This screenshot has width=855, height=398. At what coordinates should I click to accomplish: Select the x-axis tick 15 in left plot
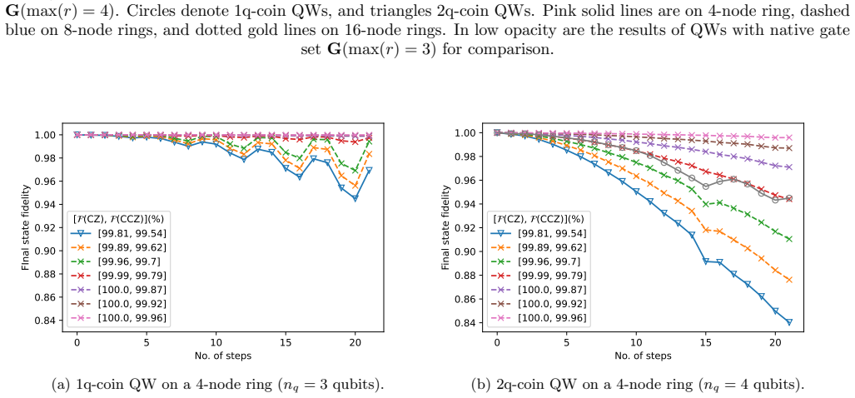click(286, 344)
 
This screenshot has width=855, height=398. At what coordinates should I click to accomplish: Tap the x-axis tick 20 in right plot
click(775, 344)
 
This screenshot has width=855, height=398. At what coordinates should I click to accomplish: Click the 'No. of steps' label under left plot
click(222, 356)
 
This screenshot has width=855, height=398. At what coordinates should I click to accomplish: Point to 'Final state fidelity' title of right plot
click(445, 227)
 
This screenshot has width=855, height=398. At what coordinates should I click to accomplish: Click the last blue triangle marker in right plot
click(789, 321)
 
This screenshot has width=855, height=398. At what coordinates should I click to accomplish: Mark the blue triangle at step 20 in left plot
click(355, 198)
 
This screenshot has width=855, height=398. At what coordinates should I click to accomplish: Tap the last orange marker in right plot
click(789, 280)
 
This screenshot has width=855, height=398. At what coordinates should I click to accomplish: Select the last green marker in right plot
click(789, 239)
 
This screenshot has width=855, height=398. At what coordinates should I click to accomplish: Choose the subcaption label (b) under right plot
click(480, 385)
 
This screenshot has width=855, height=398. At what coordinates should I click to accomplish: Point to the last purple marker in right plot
click(789, 167)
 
